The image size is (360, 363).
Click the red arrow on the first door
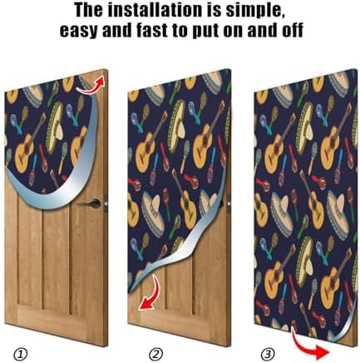point(97,81)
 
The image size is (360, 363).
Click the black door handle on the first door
point(96,202)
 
